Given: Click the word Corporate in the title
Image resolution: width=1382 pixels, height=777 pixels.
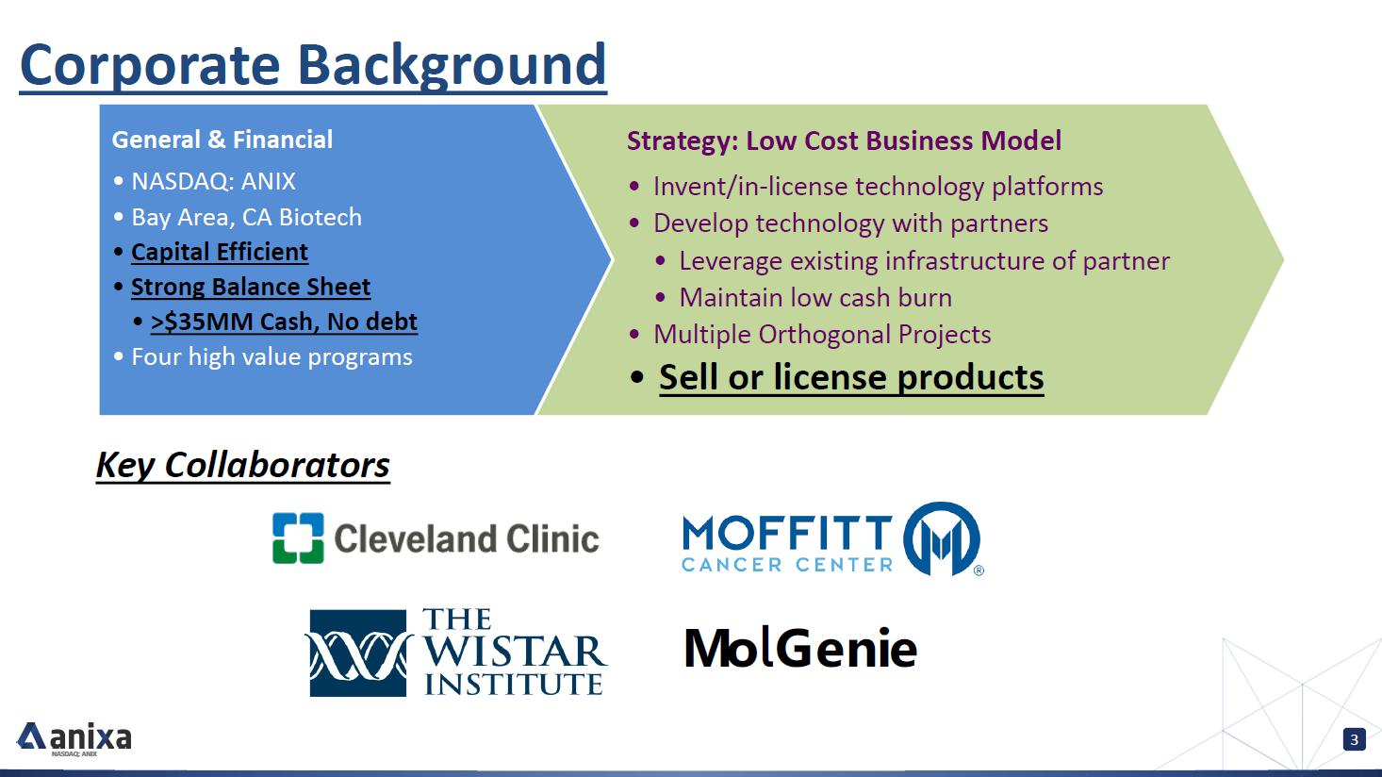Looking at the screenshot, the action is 151,66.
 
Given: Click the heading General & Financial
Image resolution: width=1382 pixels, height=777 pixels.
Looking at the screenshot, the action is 222,140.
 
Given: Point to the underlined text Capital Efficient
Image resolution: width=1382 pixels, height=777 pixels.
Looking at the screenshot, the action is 220,253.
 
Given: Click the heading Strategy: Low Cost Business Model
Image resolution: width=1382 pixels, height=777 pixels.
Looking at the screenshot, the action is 844,141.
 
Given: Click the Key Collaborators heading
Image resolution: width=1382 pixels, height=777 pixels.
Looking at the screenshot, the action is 243,465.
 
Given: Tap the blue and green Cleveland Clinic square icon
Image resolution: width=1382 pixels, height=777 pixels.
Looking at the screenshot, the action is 298,538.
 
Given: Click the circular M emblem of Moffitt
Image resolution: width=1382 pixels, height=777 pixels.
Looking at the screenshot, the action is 942,538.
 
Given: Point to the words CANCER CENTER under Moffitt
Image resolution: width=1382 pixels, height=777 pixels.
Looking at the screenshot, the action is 787,565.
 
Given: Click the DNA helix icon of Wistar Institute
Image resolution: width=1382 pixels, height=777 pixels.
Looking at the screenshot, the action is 358,653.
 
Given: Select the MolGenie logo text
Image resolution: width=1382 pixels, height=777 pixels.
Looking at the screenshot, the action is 800,648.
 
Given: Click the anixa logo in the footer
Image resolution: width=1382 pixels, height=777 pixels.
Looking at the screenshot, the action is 74,738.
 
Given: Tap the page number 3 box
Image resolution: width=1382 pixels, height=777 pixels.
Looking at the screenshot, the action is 1355,739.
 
